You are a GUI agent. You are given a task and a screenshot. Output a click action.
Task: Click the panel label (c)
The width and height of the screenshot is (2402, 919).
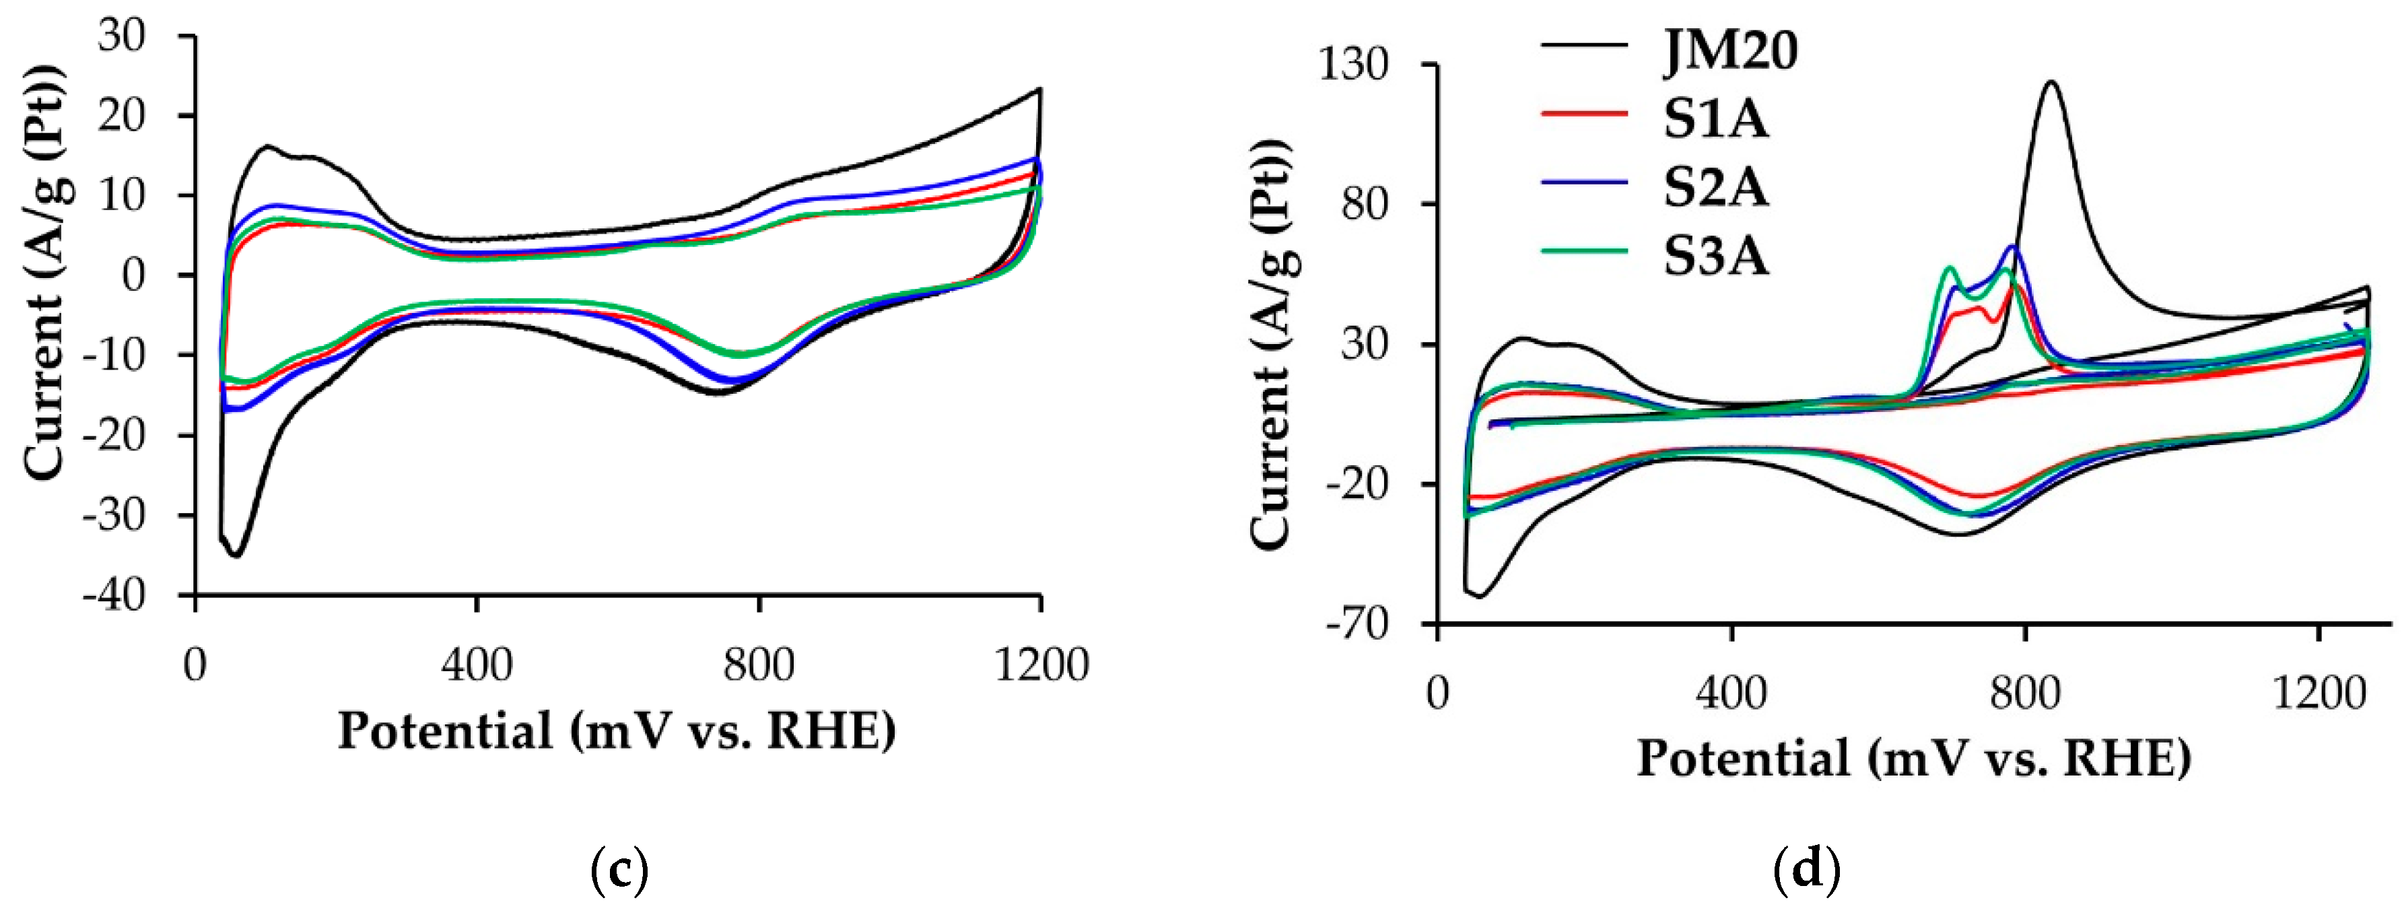[620, 871]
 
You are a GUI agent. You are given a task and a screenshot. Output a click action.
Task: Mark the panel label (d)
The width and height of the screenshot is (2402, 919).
[1807, 871]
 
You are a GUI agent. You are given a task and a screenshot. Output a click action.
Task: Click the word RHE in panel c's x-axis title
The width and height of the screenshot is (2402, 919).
[830, 730]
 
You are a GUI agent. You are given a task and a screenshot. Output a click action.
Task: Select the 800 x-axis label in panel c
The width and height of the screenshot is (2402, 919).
[759, 666]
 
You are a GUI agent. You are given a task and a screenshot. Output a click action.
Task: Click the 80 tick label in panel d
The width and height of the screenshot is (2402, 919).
[1364, 203]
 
